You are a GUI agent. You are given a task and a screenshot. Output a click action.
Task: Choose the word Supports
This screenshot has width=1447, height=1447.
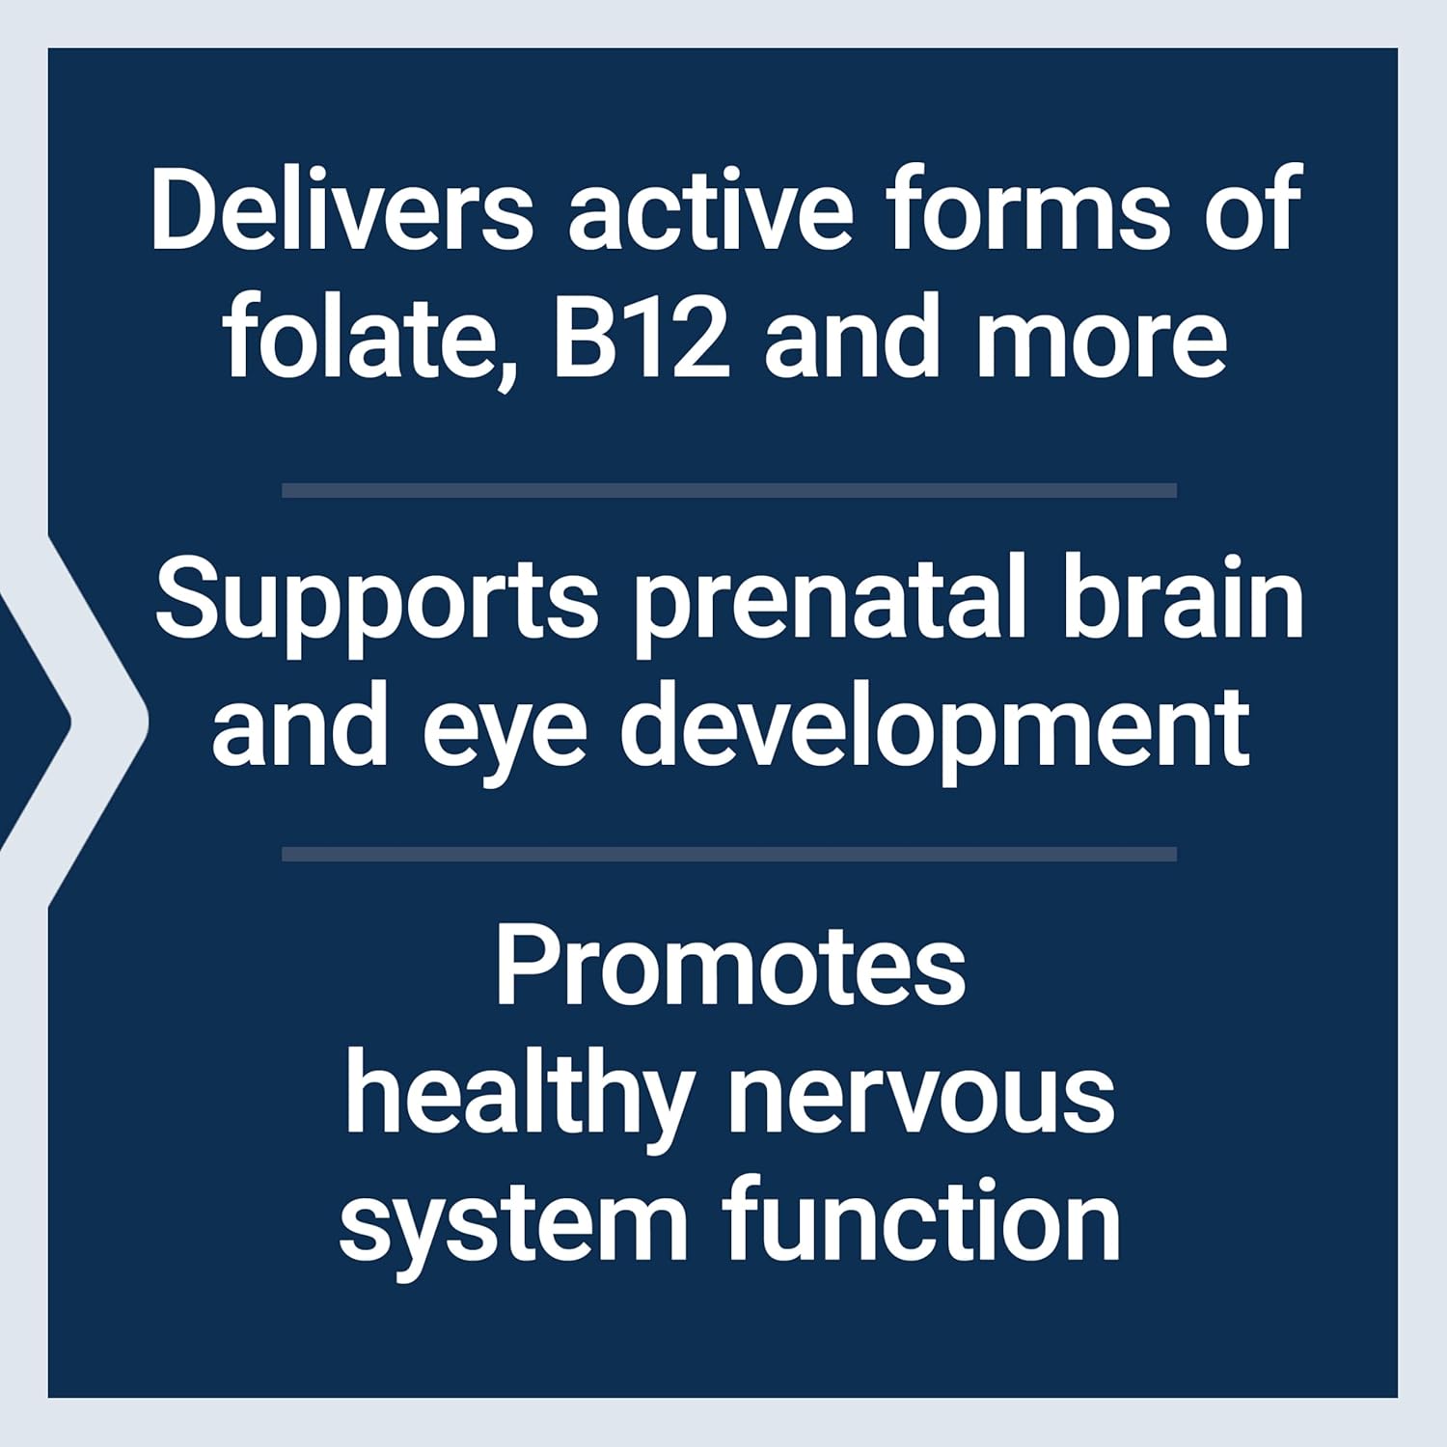coord(377,600)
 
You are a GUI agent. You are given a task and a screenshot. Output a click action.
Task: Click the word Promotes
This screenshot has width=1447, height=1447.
coord(730,968)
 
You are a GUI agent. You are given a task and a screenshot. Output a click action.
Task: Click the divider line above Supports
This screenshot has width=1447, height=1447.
coord(728,490)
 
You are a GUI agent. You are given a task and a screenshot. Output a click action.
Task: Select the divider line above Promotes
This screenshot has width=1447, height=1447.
coord(728,854)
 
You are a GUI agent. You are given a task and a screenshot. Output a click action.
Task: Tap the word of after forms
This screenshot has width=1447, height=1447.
coord(1254,209)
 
